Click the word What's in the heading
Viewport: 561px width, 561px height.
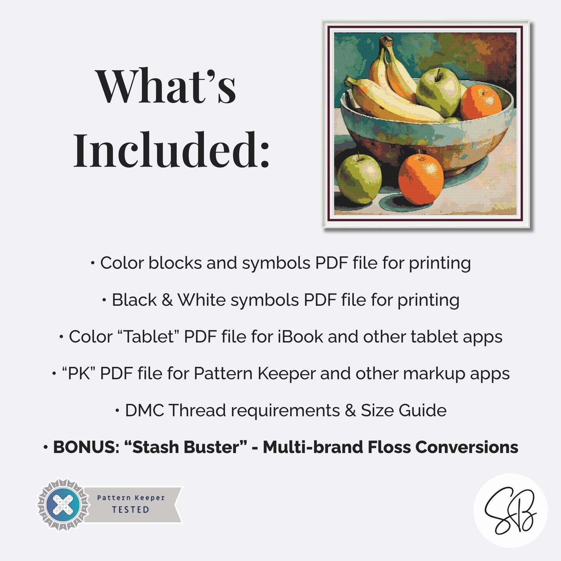click(166, 86)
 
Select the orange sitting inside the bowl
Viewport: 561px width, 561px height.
click(481, 102)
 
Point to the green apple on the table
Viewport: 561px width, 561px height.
click(359, 179)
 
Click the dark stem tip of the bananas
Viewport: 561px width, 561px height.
click(386, 41)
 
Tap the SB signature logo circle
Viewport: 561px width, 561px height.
click(511, 510)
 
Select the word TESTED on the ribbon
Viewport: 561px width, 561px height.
click(130, 509)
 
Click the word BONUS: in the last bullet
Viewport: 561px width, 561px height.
click(86, 447)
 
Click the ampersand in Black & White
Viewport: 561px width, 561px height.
click(167, 300)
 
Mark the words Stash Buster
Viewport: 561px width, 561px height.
click(184, 447)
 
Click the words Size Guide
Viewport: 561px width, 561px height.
click(404, 410)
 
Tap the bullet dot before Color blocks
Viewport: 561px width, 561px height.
click(93, 263)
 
